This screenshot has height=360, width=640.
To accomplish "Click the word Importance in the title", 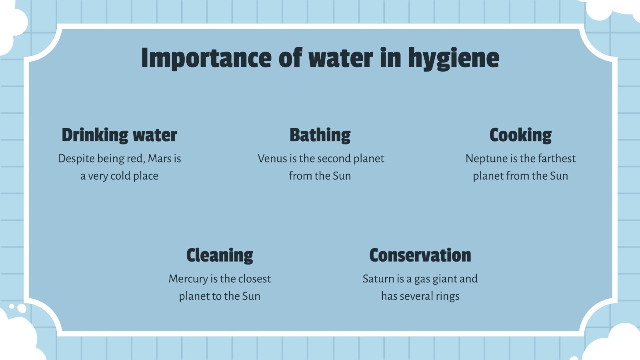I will [x=206, y=58].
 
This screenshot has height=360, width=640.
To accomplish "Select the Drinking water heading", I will [x=119, y=135].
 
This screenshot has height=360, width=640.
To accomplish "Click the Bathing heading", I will [x=320, y=135].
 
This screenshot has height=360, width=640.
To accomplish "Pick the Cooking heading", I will [x=520, y=135].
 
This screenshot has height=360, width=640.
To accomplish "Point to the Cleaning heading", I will [x=220, y=255].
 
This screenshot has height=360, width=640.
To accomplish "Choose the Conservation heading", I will [x=420, y=255].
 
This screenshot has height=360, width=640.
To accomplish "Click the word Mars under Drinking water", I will [x=159, y=159].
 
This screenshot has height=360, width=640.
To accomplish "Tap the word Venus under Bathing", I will [x=272, y=159].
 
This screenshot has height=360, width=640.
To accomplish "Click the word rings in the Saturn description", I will [x=448, y=296].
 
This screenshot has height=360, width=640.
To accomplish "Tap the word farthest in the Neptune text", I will [x=557, y=159].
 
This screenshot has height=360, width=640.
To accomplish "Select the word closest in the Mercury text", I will [x=254, y=279].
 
